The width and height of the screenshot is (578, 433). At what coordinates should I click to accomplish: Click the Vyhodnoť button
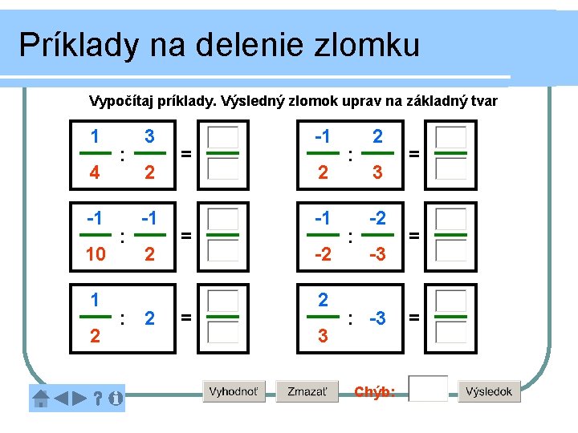(x=234, y=391)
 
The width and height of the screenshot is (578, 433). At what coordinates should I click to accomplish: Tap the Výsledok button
(x=490, y=391)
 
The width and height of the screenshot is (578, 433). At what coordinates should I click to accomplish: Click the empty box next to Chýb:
(x=427, y=389)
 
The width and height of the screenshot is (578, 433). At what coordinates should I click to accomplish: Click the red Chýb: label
(x=374, y=391)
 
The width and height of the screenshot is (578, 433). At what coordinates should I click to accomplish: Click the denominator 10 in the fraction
(x=95, y=254)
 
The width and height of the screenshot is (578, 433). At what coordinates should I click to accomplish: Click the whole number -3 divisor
(x=377, y=318)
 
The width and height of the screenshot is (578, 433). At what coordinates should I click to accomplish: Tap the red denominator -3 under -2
(x=377, y=254)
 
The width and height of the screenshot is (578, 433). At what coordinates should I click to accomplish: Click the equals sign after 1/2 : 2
(x=185, y=318)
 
